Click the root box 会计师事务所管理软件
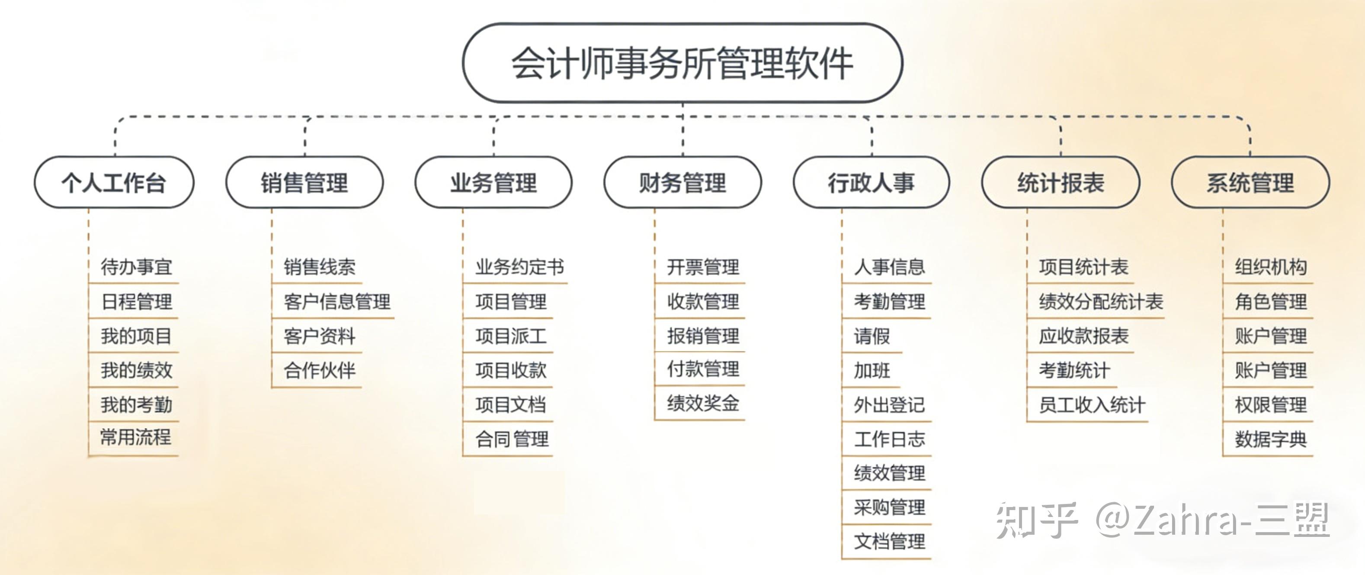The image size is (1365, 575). pos(682,63)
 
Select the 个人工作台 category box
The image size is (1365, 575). pos(114,182)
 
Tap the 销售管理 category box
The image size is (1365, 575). pos(304,182)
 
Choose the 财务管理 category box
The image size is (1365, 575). pos(682,182)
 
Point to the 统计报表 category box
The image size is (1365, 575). pos(1061,182)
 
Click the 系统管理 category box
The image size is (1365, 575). pos(1250,182)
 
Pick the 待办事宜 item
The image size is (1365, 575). pos(136,267)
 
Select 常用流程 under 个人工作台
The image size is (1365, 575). pos(136,438)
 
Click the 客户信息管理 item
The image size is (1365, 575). pos(337,301)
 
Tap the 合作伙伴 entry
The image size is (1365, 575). pos(320,370)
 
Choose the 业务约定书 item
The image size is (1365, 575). pos(519,267)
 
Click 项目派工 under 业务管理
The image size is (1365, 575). pos(511,336)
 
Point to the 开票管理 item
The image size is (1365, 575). pos(703,267)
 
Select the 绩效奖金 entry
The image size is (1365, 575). pos(703,404)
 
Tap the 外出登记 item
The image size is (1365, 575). pos(889,405)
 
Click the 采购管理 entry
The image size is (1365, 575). pos(889,507)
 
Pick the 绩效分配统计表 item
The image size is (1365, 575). pos(1101,301)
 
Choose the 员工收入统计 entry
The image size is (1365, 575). pos(1092,405)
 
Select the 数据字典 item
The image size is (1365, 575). pos(1271,439)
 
